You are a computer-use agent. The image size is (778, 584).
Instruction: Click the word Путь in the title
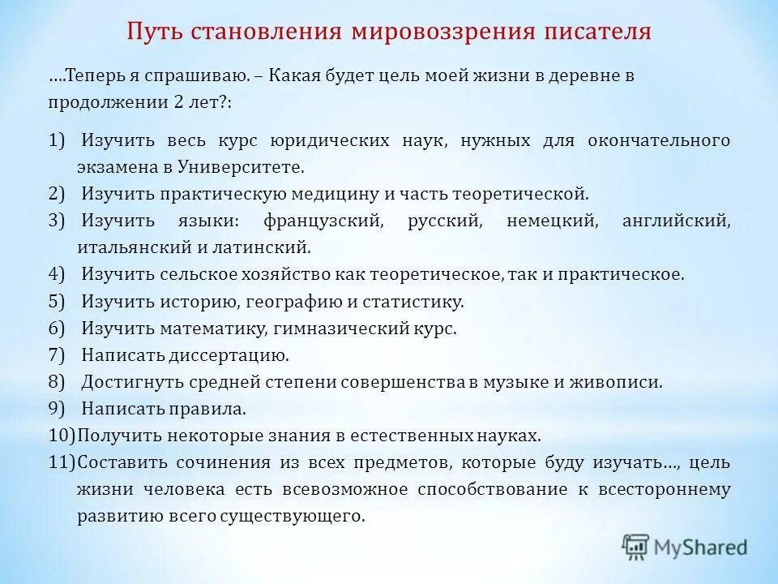[154, 32]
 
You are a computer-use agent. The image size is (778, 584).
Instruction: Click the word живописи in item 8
[623, 382]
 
